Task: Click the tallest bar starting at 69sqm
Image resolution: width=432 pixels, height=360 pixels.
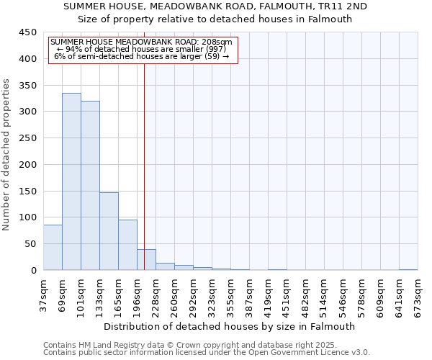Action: coord(71,181)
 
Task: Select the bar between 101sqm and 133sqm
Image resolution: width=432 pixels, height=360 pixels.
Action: coord(90,186)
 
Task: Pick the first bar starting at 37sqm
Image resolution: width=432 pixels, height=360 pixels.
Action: coord(53,248)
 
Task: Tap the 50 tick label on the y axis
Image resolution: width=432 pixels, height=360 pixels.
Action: coord(30,244)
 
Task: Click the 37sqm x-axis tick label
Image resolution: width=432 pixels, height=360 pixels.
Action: coord(44,294)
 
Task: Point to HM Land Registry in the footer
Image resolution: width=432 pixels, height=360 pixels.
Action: coord(109,345)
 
